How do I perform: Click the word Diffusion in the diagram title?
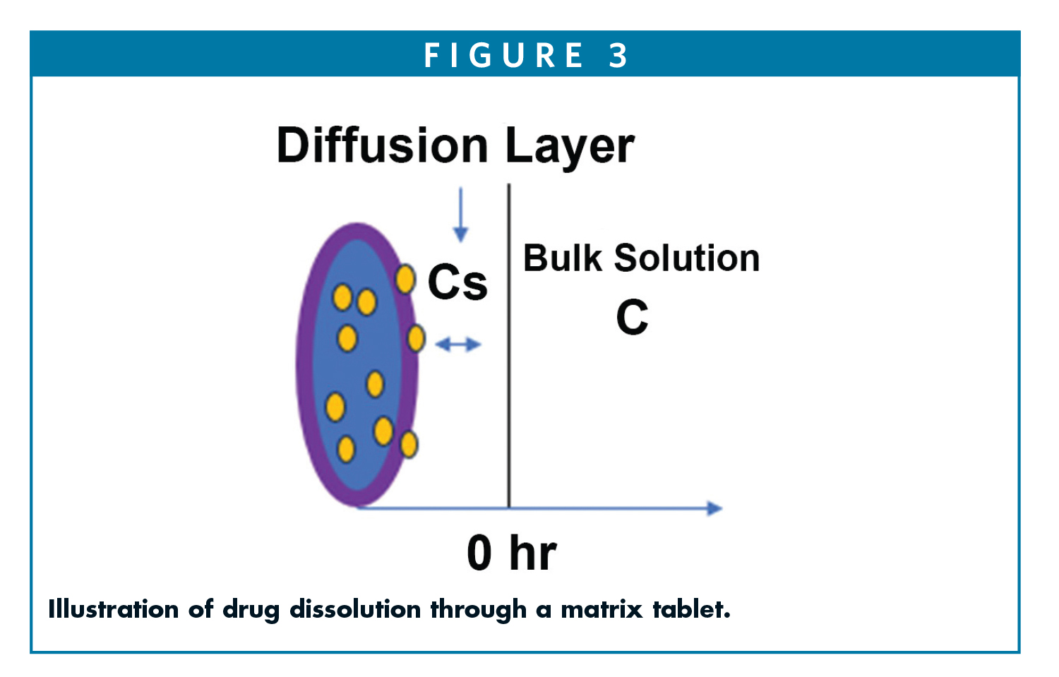point(382,145)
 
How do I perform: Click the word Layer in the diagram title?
point(569,147)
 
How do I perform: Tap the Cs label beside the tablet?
point(457,282)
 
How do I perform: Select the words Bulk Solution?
point(641,258)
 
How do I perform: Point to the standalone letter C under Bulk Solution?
point(632,318)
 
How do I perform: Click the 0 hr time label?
point(511,553)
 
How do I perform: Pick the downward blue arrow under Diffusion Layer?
point(460,215)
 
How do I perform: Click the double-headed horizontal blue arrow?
point(457,345)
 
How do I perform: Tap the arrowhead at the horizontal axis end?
point(714,508)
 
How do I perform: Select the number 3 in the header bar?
point(618,55)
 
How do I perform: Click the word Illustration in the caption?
point(113,609)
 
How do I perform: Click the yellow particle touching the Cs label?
point(405,280)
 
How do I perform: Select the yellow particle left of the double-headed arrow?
point(416,339)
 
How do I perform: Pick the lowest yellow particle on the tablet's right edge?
point(409,445)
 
